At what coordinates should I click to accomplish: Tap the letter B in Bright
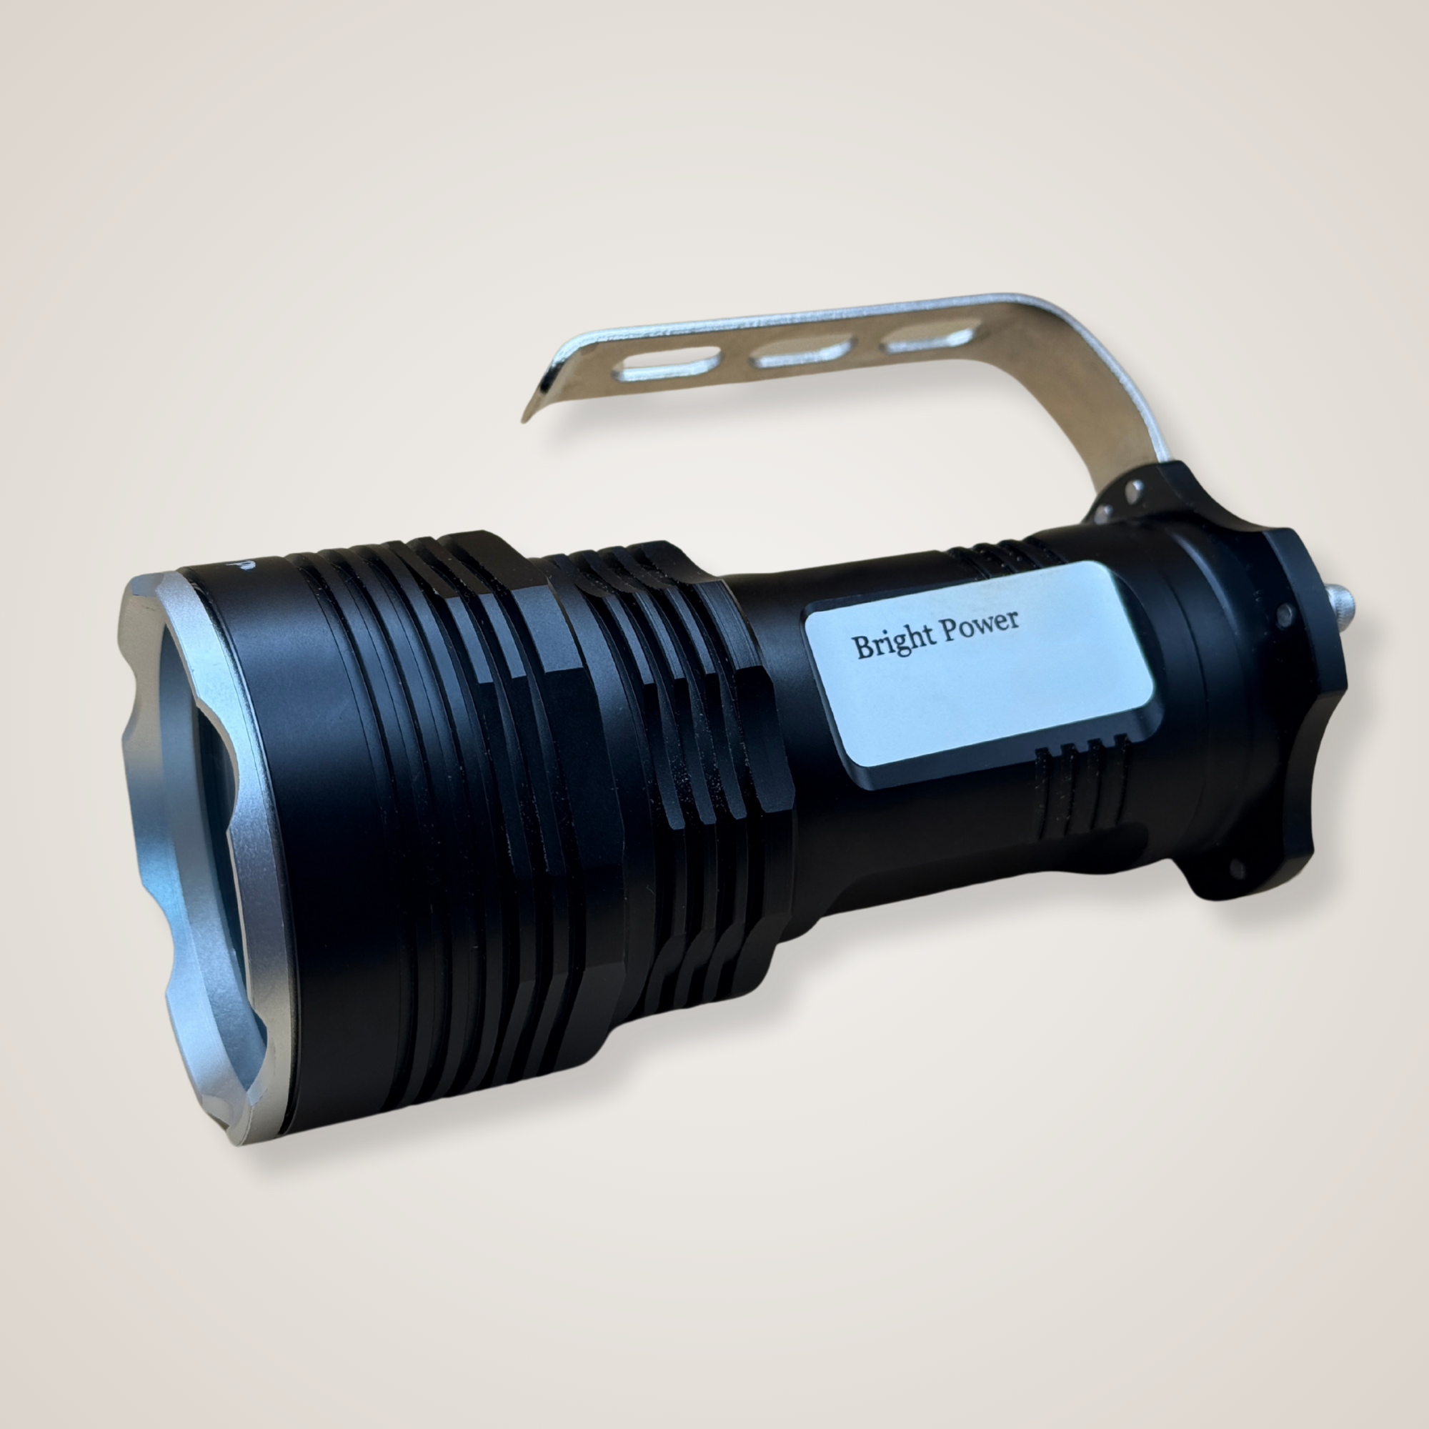coord(862,647)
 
